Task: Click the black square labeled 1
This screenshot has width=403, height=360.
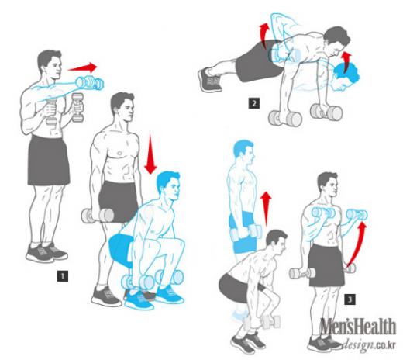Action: click(63, 276)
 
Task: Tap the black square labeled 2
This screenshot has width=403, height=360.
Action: click(254, 103)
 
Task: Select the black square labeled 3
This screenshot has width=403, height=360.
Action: click(350, 299)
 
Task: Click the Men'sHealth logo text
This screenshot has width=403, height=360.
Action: click(358, 327)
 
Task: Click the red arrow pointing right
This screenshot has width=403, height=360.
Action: click(82, 67)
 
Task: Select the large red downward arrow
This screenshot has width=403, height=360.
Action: click(150, 154)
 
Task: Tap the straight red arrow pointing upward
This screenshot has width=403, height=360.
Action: click(266, 208)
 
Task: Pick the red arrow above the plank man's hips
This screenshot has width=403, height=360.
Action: click(263, 35)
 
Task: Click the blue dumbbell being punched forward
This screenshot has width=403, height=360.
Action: click(90, 82)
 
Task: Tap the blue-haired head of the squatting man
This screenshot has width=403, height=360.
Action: click(168, 185)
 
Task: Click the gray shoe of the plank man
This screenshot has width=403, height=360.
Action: click(209, 79)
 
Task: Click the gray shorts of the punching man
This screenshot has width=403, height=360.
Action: click(48, 161)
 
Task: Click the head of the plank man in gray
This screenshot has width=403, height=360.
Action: click(337, 41)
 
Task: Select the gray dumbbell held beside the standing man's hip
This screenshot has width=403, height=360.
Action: click(98, 216)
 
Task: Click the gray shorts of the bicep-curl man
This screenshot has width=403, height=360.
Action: click(326, 265)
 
